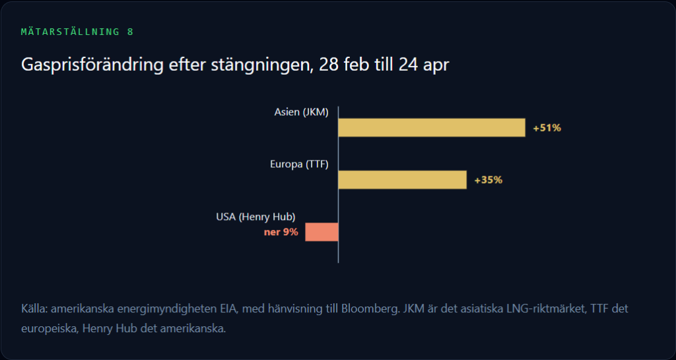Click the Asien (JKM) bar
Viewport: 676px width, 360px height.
tap(432, 127)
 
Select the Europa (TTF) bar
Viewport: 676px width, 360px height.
tap(402, 180)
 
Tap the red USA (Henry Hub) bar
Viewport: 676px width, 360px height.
tap(321, 232)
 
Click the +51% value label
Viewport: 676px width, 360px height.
tap(547, 128)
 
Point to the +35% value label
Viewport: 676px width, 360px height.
tap(488, 180)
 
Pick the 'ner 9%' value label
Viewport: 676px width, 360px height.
tap(281, 232)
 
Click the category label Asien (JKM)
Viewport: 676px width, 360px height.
tap(301, 112)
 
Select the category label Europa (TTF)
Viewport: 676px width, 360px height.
tap(299, 164)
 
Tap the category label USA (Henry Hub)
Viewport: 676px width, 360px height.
tap(255, 217)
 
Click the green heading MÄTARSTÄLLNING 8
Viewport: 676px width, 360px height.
tap(77, 32)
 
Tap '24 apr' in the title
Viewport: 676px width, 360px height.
tap(424, 65)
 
